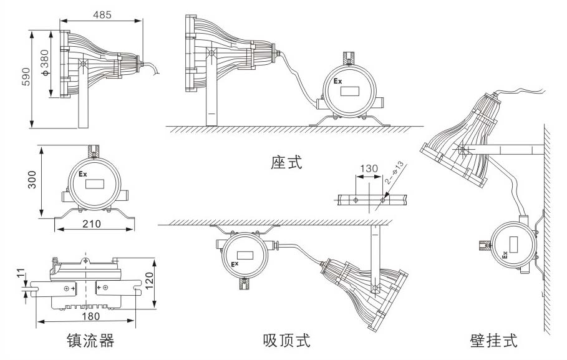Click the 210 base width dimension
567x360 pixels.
point(94,224)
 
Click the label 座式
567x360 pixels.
point(286,163)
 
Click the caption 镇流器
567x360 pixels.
point(91,341)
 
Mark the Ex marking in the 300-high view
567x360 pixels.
point(83,173)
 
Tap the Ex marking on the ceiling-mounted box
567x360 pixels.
point(236,265)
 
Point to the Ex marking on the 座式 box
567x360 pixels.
point(337,82)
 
